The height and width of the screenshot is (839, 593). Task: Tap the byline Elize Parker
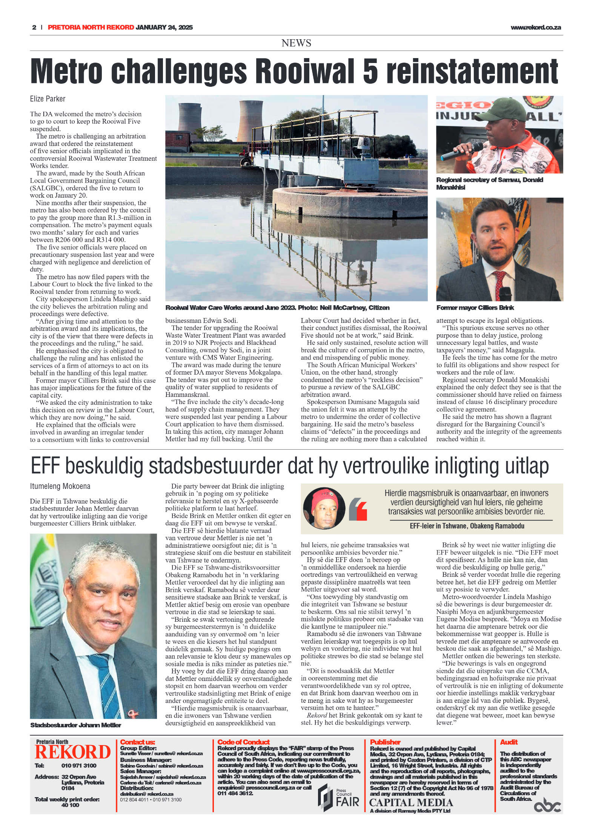click(48, 99)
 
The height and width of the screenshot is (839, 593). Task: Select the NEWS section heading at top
click(296, 43)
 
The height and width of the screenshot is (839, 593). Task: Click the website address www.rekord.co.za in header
click(535, 28)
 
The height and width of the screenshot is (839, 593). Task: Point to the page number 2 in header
click(34, 28)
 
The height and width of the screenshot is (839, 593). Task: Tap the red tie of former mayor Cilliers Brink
click(500, 281)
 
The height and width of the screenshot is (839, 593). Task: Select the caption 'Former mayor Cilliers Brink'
click(475, 308)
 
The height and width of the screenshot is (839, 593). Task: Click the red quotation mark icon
click(358, 509)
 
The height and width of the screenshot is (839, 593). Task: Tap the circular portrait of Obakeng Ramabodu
click(324, 508)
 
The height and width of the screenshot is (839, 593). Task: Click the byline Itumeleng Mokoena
click(60, 486)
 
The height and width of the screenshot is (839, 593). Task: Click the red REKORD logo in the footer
click(72, 752)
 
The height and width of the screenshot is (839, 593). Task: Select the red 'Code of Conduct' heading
click(243, 742)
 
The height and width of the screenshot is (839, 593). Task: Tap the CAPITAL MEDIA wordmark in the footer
click(411, 802)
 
